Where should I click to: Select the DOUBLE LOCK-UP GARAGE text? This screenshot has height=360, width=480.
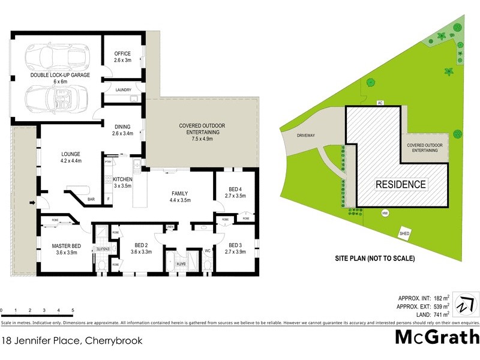click(x=60, y=75)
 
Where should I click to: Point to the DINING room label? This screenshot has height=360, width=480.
click(x=122, y=126)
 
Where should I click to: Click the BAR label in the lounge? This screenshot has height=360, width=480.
click(x=92, y=199)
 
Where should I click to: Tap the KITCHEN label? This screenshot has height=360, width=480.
click(x=122, y=179)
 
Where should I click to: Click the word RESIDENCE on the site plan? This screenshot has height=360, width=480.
click(x=401, y=185)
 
